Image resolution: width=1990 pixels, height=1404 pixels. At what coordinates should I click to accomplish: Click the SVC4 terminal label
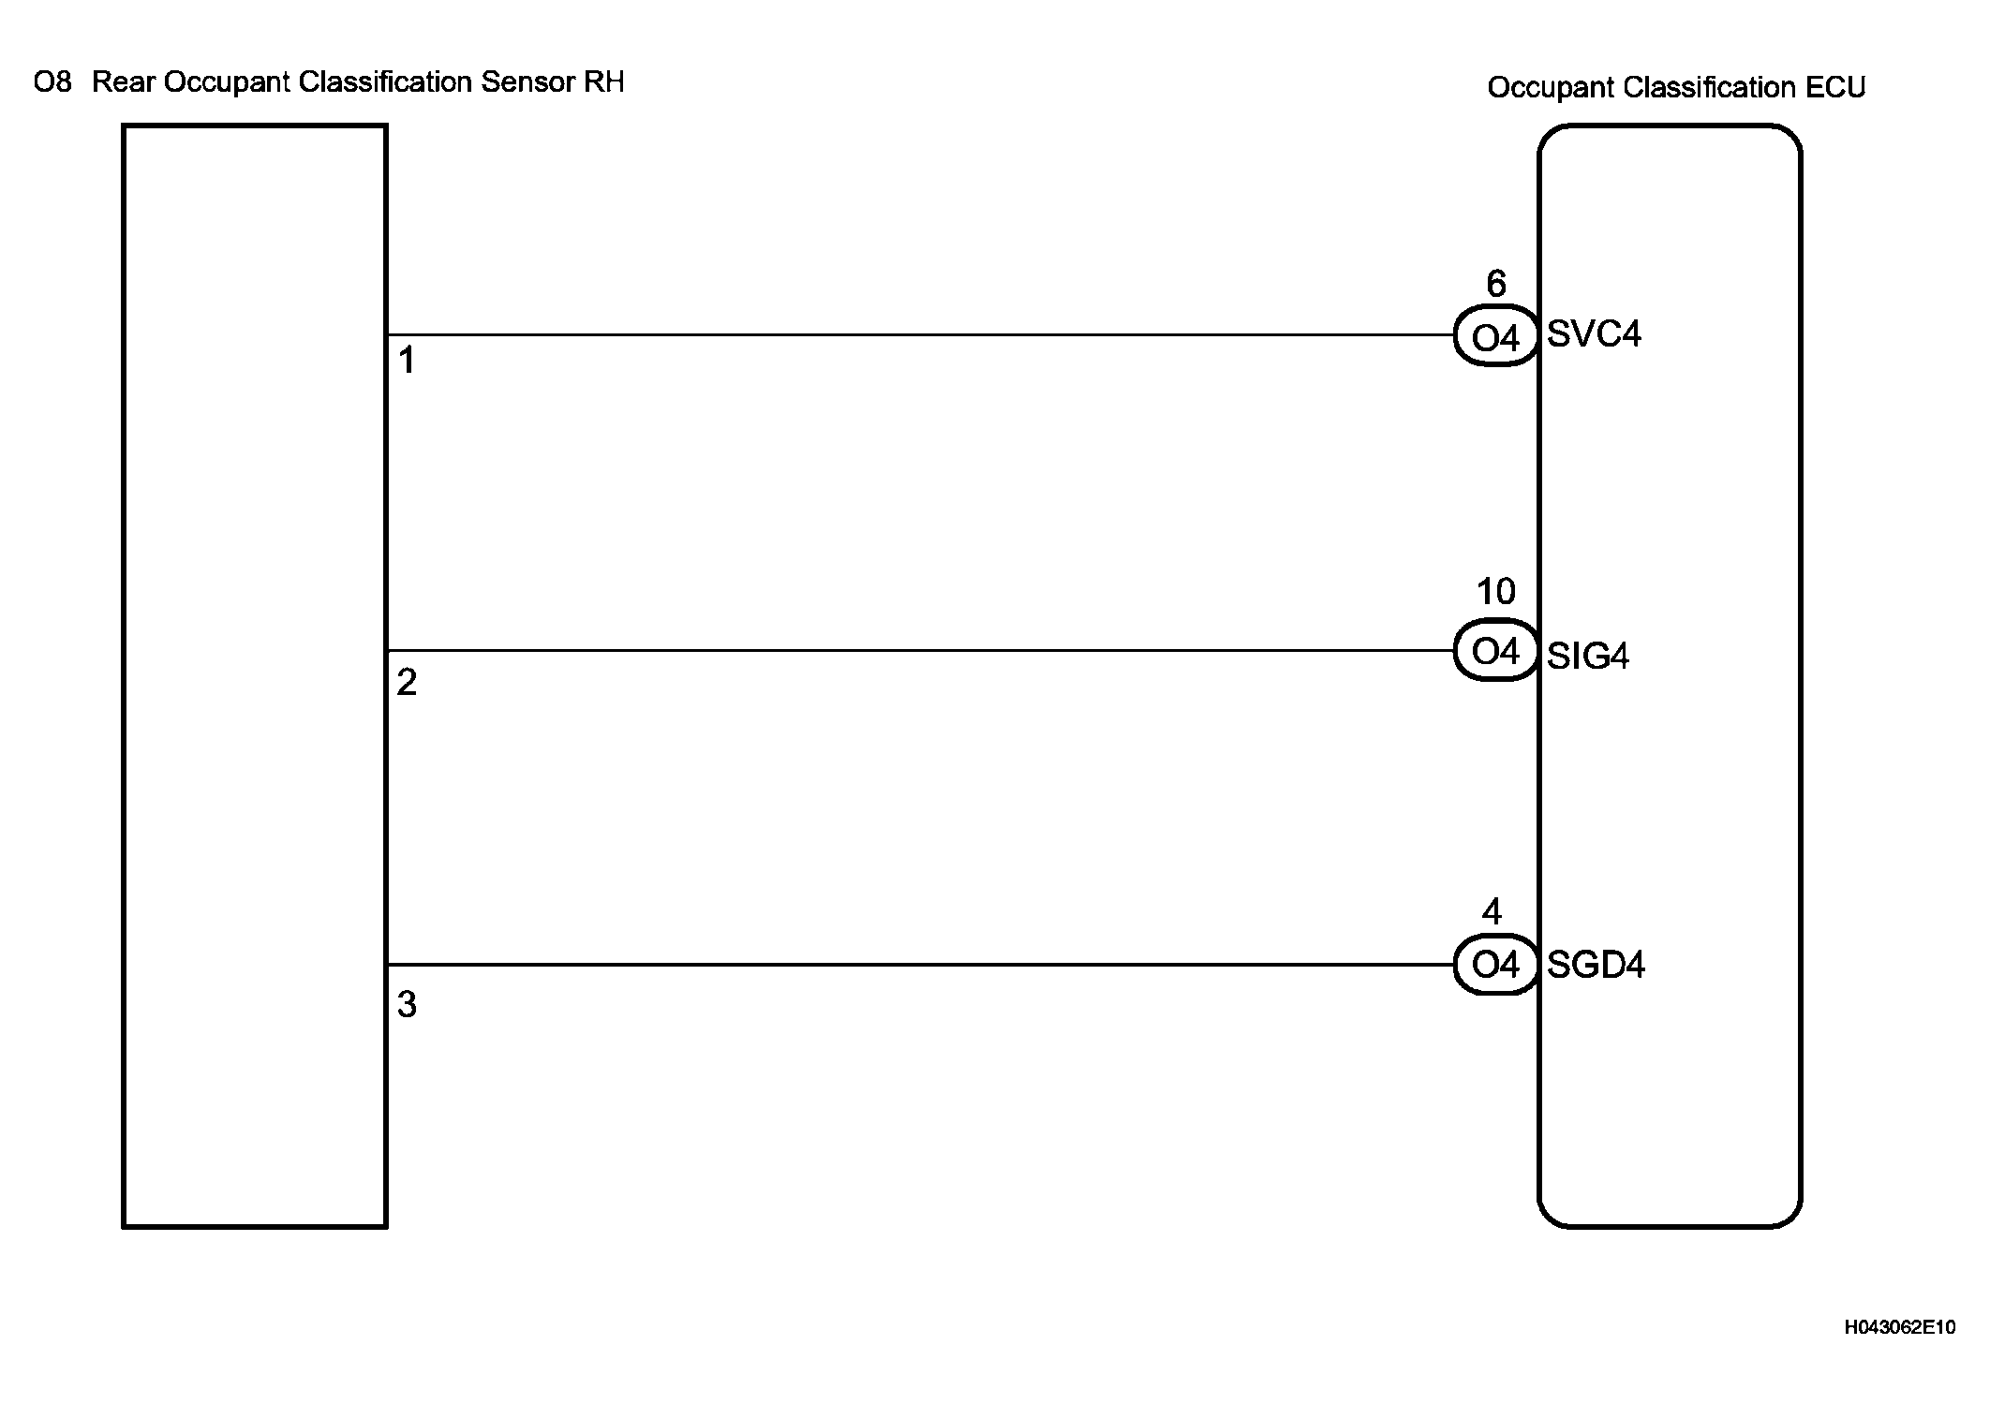coord(1594,334)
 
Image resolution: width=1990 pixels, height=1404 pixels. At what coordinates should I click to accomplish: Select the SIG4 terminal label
coord(1588,656)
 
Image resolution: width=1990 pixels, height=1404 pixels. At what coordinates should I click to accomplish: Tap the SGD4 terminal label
coord(1596,965)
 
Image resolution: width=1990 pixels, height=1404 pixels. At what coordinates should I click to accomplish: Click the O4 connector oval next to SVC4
coord(1495,336)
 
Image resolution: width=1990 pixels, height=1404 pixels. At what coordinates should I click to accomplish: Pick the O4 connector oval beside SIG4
coord(1495,651)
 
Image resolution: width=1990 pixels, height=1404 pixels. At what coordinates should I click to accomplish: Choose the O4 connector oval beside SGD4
coord(1495,965)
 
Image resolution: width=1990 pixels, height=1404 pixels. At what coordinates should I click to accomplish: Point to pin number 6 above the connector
coord(1496,283)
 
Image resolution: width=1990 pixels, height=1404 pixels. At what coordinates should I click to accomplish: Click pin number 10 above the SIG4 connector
coord(1495,591)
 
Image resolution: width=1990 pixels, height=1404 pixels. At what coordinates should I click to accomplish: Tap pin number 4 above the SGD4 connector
coord(1492,911)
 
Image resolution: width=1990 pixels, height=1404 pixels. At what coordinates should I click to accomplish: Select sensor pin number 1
coord(407,360)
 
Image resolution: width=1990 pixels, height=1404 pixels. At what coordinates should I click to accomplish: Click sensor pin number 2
coord(407,682)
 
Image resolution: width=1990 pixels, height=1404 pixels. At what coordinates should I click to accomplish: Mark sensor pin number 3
coord(407,1004)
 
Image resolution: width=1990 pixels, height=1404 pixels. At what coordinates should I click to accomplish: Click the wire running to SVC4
coord(918,334)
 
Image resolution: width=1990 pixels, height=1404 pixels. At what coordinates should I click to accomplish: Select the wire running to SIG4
coord(918,650)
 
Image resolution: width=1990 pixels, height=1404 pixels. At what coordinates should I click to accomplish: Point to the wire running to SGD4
coord(918,965)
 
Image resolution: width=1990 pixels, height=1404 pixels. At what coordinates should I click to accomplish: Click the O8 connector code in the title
coord(52,82)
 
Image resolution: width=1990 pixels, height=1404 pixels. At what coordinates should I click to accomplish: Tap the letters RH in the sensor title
coord(603,82)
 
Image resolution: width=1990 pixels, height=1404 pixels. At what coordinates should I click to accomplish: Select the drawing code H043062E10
coord(1900,1327)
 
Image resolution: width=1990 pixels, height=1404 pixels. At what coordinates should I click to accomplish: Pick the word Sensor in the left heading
coord(527,82)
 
